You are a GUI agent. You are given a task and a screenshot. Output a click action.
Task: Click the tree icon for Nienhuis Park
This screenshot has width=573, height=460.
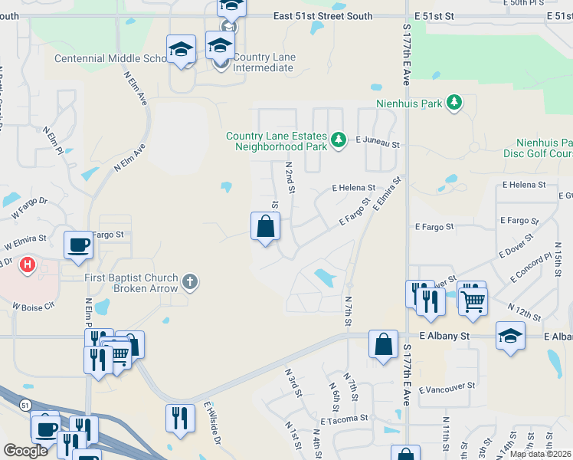tap(454, 103)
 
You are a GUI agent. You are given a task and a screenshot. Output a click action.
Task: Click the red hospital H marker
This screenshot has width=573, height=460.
tap(28, 265)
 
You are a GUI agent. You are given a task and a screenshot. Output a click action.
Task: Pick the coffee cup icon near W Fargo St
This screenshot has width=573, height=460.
tap(79, 245)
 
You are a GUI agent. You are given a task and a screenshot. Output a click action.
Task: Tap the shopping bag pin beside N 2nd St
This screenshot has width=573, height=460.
tap(265, 227)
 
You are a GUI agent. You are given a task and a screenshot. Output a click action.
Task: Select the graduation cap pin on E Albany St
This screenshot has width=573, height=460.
tap(510, 336)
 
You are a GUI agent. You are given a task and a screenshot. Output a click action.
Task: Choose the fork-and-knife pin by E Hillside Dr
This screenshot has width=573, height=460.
tap(180, 418)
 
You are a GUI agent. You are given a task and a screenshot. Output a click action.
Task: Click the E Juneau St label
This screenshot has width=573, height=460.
tap(378, 142)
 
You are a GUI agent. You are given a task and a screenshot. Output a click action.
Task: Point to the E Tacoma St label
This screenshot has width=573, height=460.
tap(345, 419)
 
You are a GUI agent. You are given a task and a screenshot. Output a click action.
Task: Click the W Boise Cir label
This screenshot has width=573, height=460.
tap(34, 305)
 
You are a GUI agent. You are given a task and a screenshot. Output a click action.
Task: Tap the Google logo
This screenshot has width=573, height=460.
tap(25, 451)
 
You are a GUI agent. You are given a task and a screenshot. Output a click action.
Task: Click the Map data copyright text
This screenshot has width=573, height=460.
tap(539, 454)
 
